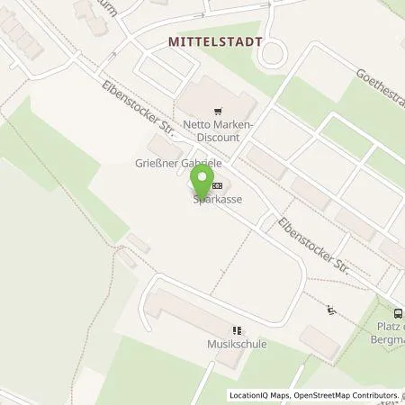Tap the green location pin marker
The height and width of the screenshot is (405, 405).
point(203,180)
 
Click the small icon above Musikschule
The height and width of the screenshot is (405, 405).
point(238,330)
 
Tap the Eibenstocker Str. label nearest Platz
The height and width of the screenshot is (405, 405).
point(311,244)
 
